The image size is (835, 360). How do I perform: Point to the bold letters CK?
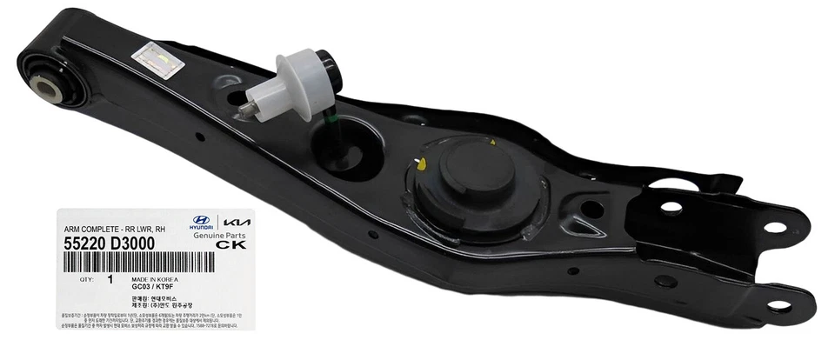pos(227,245)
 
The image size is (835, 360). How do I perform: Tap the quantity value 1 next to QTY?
pos(110,280)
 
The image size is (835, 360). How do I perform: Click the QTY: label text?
pos(85,280)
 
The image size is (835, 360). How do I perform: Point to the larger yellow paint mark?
pos(420,163)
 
